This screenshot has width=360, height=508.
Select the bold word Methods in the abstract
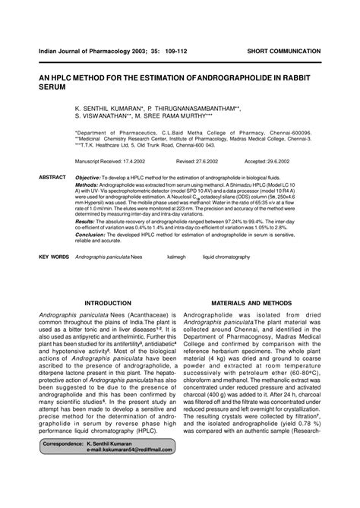coord(87,185)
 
